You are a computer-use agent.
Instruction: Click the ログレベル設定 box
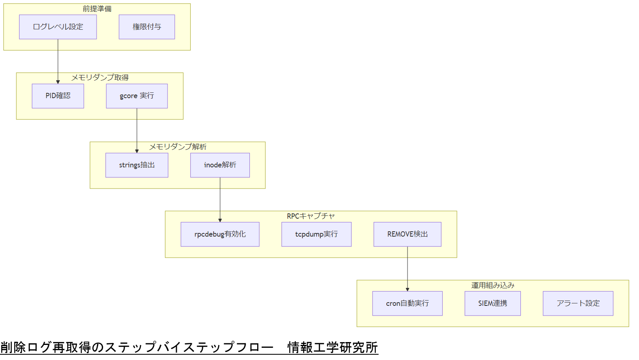(x=58, y=27)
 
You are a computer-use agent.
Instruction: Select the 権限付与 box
(x=147, y=27)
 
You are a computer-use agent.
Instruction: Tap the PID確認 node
(x=58, y=96)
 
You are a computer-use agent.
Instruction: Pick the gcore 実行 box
(x=137, y=96)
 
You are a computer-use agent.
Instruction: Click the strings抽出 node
(x=137, y=165)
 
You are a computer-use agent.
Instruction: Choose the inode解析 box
(x=220, y=165)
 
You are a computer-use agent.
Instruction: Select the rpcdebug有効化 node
(x=220, y=234)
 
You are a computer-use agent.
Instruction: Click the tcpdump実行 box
(x=317, y=234)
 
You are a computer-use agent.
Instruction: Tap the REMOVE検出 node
(x=408, y=234)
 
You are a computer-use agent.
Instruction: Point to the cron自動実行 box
(x=408, y=303)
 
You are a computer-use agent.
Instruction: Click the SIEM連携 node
(x=493, y=303)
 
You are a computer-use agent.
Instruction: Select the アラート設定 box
(x=578, y=303)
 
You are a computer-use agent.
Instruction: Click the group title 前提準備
(x=97, y=9)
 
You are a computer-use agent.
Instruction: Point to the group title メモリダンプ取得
(x=100, y=77)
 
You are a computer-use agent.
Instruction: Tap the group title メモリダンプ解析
(x=178, y=147)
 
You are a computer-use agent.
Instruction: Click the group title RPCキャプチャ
(x=311, y=216)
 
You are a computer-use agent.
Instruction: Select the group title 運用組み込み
(x=493, y=285)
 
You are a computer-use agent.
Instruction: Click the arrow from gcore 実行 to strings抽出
(x=137, y=130)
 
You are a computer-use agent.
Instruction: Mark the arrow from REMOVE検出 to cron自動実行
(x=408, y=269)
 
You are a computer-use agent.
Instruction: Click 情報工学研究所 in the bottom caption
(x=333, y=347)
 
